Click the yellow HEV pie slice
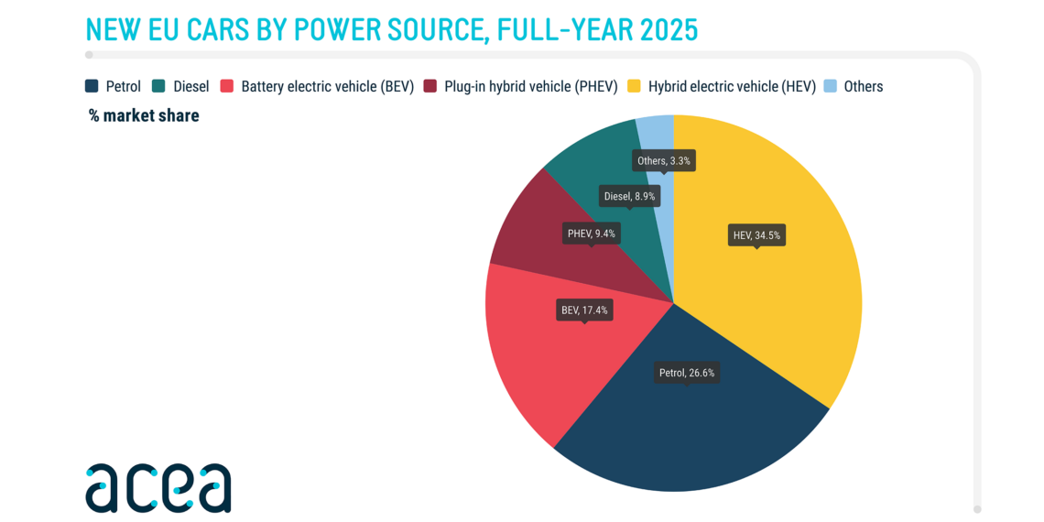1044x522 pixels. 778,293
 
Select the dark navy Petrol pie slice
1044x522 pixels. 687,421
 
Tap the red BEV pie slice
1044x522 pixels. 540,357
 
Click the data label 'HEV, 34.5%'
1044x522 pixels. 756,235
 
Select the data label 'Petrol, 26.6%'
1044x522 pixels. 687,373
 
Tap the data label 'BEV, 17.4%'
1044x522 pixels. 583,310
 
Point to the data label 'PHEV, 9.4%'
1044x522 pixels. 592,234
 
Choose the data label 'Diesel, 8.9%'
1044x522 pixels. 630,196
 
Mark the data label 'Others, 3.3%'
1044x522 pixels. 664,160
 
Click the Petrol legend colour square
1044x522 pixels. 92,86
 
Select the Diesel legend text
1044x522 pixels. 190,86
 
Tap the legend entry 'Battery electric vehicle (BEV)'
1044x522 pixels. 327,86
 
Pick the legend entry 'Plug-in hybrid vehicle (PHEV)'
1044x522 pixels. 530,86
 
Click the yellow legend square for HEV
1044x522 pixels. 634,86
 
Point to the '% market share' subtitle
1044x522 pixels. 144,115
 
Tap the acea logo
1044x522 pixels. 158,487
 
